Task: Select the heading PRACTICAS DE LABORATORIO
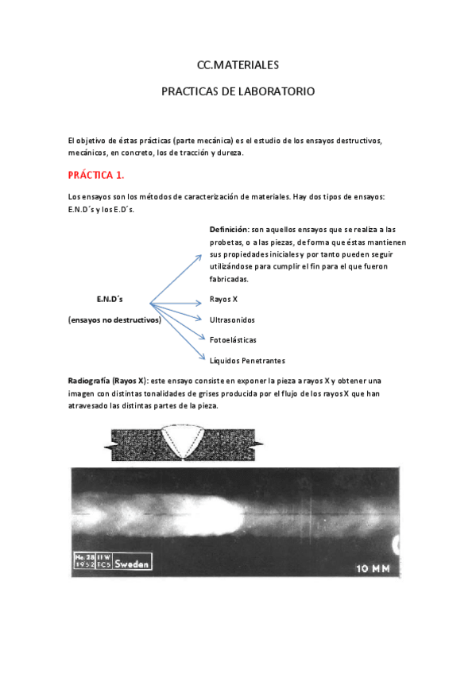click(238, 91)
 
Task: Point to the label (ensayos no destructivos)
click(114, 320)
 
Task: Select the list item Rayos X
click(223, 300)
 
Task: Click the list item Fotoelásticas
click(233, 339)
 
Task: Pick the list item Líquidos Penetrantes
click(247, 360)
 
